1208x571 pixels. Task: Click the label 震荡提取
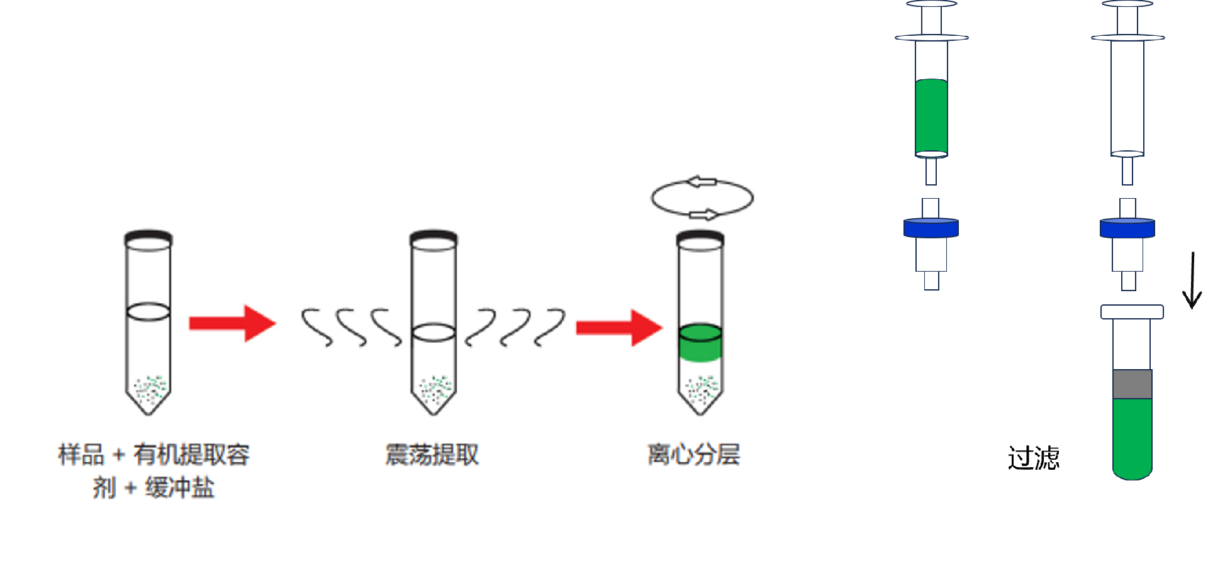(432, 455)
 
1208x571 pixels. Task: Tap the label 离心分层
(693, 455)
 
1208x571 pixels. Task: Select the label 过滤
(1033, 458)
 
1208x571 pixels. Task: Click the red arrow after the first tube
(232, 323)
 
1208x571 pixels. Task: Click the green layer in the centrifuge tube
(700, 343)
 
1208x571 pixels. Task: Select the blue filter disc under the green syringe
(931, 228)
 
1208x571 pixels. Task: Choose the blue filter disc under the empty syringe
(1127, 228)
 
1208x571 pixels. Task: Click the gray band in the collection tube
(1132, 384)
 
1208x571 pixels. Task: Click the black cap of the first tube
(148, 237)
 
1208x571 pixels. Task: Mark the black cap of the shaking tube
(433, 237)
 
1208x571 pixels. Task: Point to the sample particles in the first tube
(149, 390)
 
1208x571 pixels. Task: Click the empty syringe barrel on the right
(1127, 94)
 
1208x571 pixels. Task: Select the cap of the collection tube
(1132, 312)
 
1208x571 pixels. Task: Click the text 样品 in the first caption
(81, 455)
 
